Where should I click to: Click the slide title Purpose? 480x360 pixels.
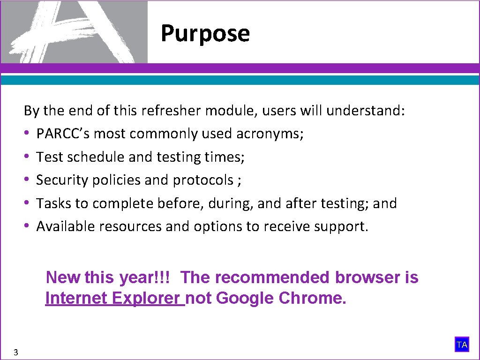click(x=205, y=34)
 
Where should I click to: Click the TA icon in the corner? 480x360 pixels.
click(x=462, y=345)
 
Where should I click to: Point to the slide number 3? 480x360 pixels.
click(x=16, y=352)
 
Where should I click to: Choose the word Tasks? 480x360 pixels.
click(x=50, y=203)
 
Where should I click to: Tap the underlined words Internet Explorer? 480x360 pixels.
click(x=115, y=298)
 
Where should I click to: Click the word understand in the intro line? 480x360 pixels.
click(x=365, y=111)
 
